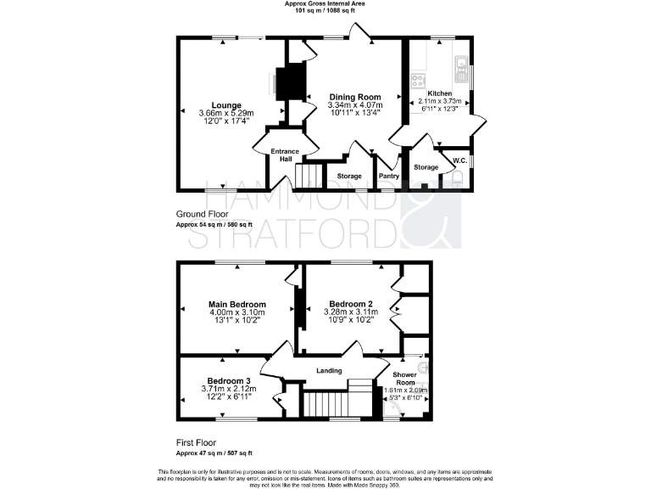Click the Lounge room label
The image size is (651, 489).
(x=226, y=105)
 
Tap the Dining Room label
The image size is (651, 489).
(x=354, y=97)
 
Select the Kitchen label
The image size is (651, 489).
(x=439, y=93)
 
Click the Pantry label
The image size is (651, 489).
(x=389, y=176)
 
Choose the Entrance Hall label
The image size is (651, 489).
(x=286, y=155)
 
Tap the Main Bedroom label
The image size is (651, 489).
(x=237, y=304)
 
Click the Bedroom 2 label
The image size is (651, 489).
(x=351, y=304)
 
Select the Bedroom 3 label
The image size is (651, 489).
(x=229, y=380)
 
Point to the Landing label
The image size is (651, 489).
(x=329, y=370)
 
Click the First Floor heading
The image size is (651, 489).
(x=196, y=442)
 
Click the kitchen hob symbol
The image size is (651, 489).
(x=418, y=81)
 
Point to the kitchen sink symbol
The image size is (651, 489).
(x=460, y=65)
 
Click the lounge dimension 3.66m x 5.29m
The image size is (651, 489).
(x=226, y=114)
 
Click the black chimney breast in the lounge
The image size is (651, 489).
(x=293, y=81)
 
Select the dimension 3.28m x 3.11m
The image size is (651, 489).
(x=351, y=312)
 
